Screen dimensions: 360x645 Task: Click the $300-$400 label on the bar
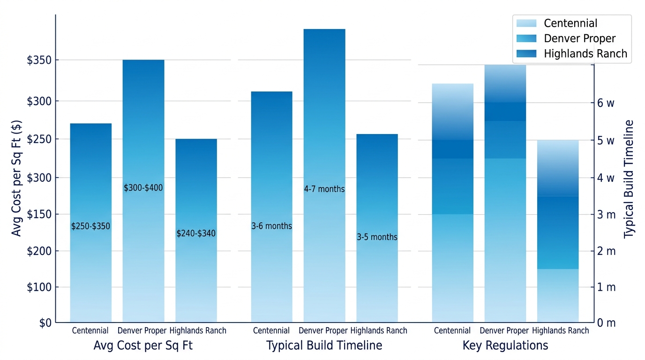pyautogui.click(x=143, y=188)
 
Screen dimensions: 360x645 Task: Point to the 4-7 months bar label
pyautogui.click(x=324, y=189)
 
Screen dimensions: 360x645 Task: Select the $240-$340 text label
pyautogui.click(x=196, y=233)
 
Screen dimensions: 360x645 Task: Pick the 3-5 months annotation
pyautogui.click(x=377, y=237)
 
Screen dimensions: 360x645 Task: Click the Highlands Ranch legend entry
pyautogui.click(x=585, y=53)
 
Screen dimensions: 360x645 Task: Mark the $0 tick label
pyautogui.click(x=45, y=323)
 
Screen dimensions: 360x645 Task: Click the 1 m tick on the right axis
pyautogui.click(x=606, y=287)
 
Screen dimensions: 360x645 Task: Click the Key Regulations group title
pyautogui.click(x=505, y=345)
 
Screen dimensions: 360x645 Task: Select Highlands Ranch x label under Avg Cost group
pyautogui.click(x=198, y=330)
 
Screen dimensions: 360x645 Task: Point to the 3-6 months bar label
pyautogui.click(x=272, y=226)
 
